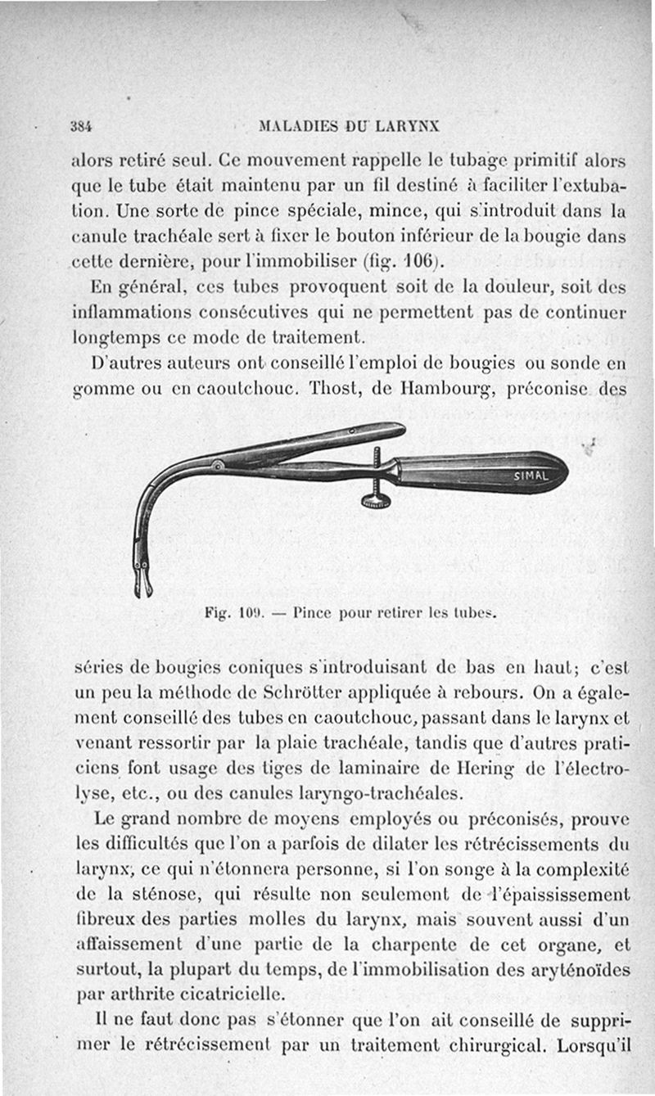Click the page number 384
click(80, 127)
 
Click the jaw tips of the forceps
click(142, 585)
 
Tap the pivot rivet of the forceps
click(218, 467)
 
